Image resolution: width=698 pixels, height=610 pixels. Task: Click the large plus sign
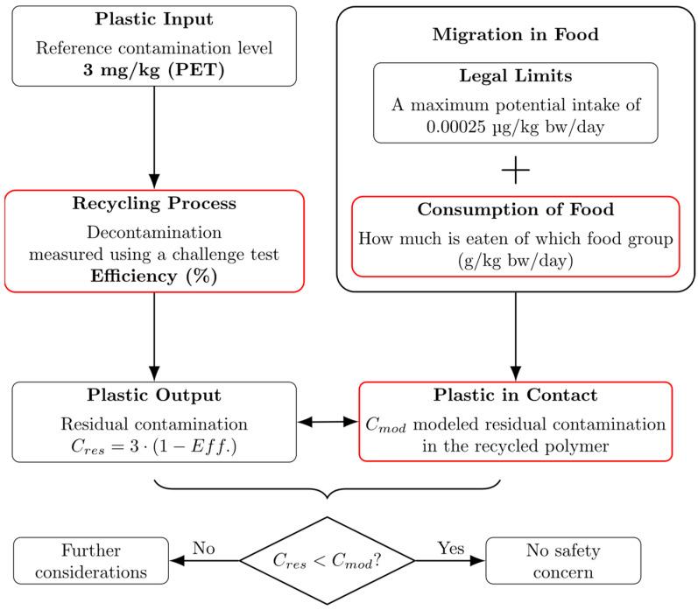coord(515,172)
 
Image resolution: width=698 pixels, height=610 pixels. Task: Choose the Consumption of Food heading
coord(515,211)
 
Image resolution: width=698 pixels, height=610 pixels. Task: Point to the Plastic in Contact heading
coord(515,396)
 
